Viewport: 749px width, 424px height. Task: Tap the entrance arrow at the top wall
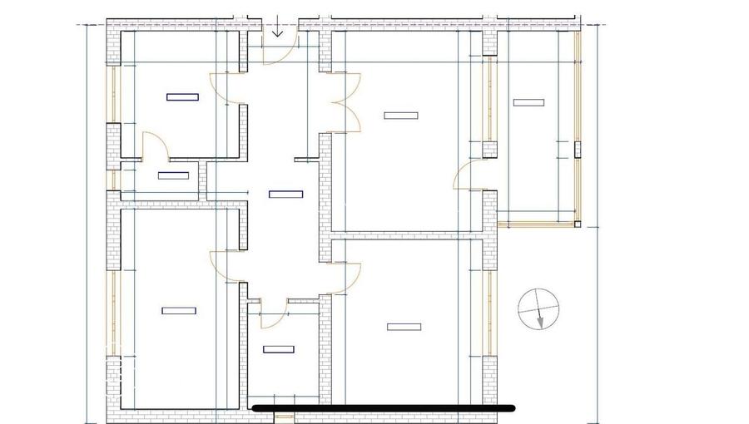click(x=278, y=31)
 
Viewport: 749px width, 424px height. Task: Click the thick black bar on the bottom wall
click(x=383, y=408)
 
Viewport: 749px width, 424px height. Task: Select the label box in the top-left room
click(x=182, y=97)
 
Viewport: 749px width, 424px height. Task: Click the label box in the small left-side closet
click(x=173, y=175)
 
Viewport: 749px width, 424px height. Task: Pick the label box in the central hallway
click(x=285, y=195)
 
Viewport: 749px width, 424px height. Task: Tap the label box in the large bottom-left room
click(x=179, y=311)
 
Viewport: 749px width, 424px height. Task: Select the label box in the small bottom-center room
click(x=280, y=349)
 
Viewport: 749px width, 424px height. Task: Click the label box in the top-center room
click(x=400, y=115)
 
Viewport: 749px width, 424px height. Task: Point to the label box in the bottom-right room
click(x=404, y=327)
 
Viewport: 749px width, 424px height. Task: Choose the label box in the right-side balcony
click(x=528, y=103)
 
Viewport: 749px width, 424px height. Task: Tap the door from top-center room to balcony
click(x=468, y=176)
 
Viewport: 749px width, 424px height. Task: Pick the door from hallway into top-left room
click(x=226, y=88)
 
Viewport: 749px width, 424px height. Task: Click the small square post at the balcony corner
click(x=578, y=223)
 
